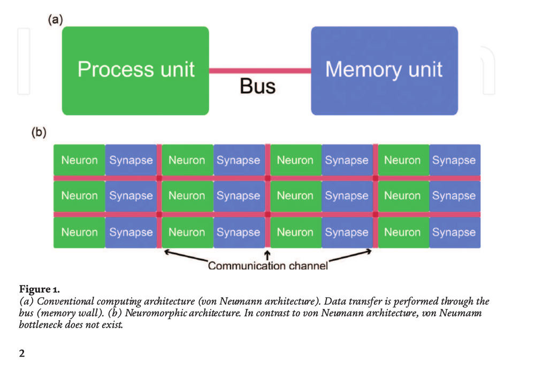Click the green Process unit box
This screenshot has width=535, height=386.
tap(135, 71)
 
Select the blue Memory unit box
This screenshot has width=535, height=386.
tap(384, 71)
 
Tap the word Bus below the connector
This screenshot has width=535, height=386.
tap(257, 87)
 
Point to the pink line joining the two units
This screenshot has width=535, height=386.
tap(260, 71)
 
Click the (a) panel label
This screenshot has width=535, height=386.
tap(55, 20)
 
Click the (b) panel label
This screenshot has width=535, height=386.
tap(39, 131)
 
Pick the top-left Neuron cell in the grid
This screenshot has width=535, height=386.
tap(79, 160)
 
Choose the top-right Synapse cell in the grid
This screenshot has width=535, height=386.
tap(454, 160)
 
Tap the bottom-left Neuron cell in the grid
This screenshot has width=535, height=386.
tap(79, 232)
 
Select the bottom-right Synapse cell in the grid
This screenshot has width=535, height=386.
tap(454, 232)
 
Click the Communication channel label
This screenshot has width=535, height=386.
tap(267, 266)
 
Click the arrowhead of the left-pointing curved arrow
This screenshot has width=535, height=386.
tap(166, 251)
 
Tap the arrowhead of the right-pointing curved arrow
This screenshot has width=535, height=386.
tap(369, 251)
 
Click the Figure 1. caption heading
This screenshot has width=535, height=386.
tap(40, 291)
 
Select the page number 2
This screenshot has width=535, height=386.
tap(22, 353)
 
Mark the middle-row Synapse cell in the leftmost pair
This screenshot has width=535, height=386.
tap(131, 196)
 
